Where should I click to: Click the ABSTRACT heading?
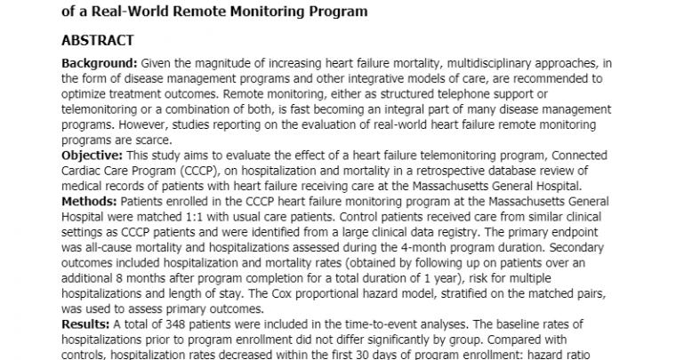(x=97, y=41)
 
